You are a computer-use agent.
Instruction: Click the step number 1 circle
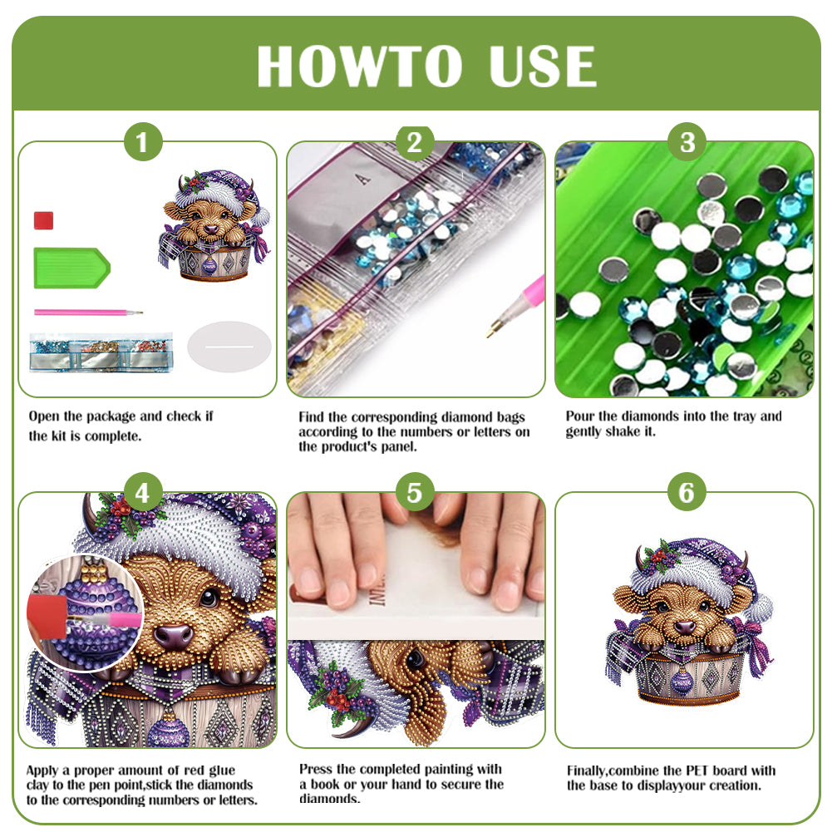(x=143, y=143)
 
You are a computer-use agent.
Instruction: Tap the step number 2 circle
(x=415, y=143)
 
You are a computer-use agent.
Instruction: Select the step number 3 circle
(x=687, y=143)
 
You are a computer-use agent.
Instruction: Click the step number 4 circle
(x=143, y=494)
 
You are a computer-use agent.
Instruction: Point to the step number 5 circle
(x=415, y=494)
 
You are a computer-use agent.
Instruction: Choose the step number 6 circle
(x=687, y=494)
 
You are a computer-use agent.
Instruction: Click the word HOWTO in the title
(x=359, y=66)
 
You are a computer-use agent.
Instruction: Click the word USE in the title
(x=541, y=66)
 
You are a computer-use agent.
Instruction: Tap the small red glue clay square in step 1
(x=44, y=220)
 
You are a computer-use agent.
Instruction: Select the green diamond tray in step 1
(x=71, y=268)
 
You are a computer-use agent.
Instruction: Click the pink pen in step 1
(x=87, y=313)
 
